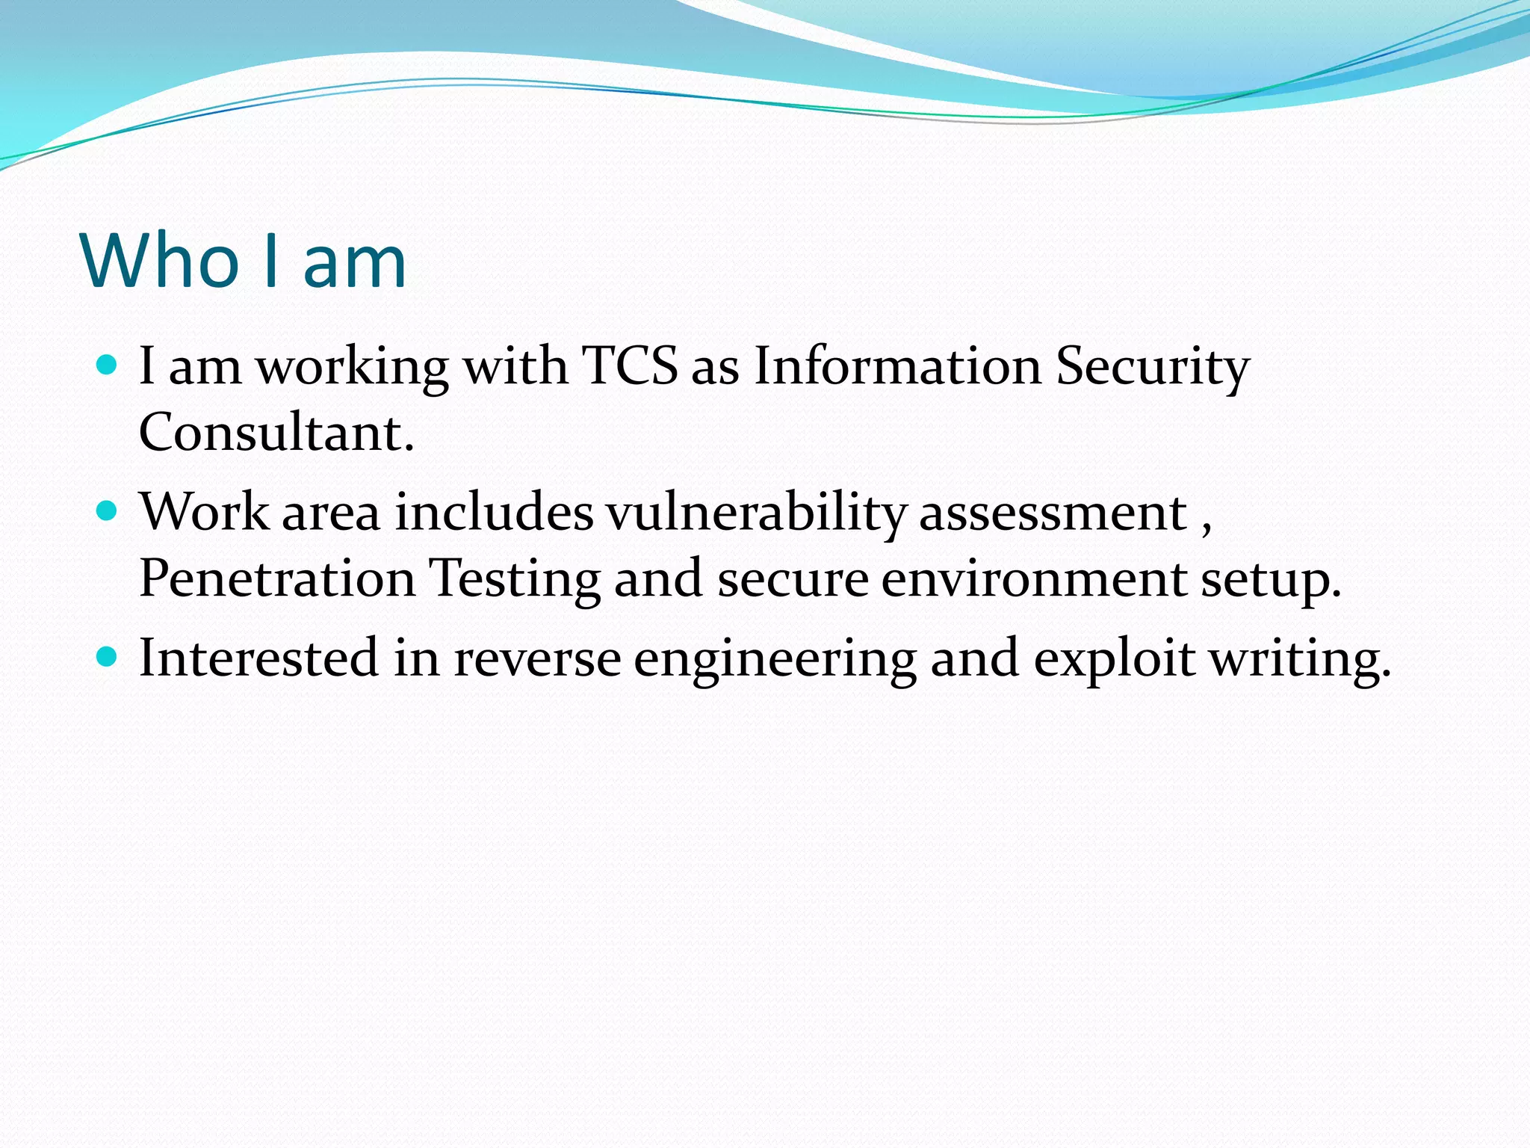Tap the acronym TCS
click(629, 366)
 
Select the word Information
click(896, 366)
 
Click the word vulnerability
click(755, 514)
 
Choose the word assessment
click(1053, 513)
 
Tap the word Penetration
click(277, 578)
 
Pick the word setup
click(1271, 580)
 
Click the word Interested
click(258, 658)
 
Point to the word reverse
click(537, 658)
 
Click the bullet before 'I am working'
click(108, 365)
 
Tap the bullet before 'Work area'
click(108, 511)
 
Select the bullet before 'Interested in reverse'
click(108, 657)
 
